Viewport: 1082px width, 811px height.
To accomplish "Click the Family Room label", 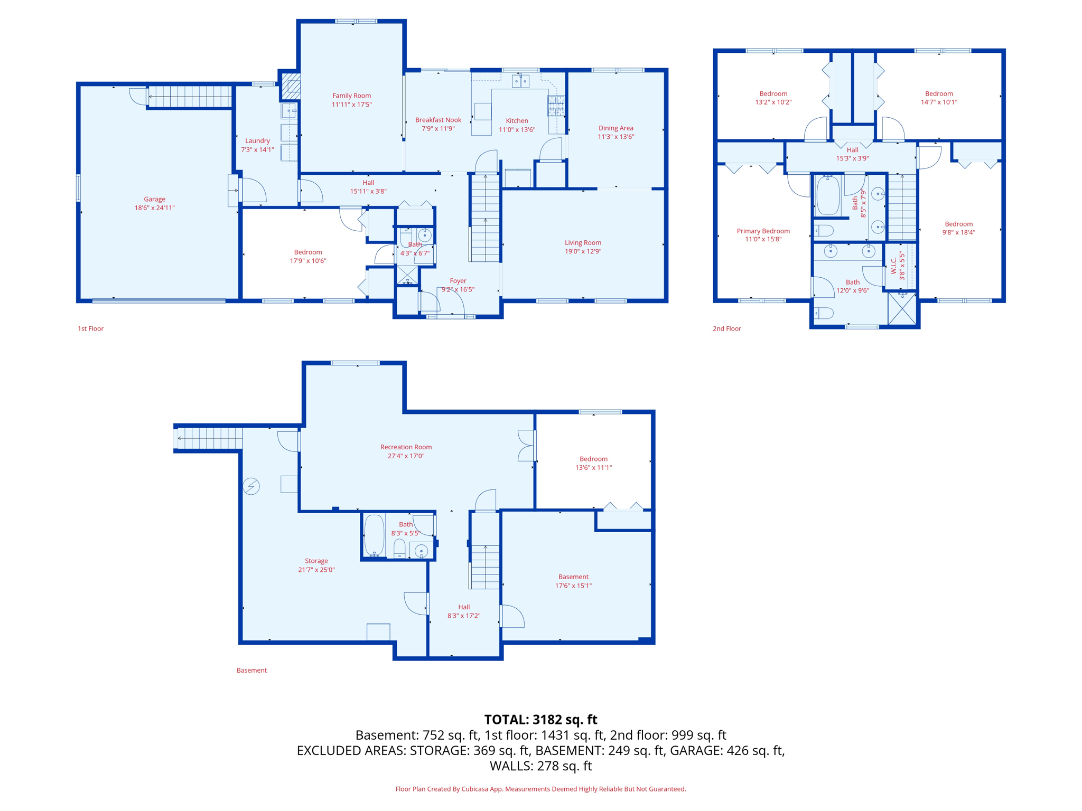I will coord(351,96).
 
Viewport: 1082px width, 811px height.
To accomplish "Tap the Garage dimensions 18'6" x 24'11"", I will coord(154,208).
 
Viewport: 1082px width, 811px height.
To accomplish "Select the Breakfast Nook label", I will coord(438,120).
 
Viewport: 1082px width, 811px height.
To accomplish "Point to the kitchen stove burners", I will coord(556,106).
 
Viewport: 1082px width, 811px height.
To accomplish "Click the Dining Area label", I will coord(615,128).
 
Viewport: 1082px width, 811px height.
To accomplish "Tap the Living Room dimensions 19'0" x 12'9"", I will coord(583,251).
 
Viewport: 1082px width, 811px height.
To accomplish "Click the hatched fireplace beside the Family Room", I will coord(291,86).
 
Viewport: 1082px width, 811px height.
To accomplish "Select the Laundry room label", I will coord(257,141).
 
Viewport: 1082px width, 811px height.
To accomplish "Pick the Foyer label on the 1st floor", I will coord(458,281).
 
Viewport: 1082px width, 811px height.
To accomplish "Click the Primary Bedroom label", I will coord(763,231).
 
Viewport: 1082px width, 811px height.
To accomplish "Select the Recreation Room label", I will coord(406,447).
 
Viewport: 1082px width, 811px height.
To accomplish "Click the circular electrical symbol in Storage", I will coord(251,486).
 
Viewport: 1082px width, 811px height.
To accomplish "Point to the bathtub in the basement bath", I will coord(374,535).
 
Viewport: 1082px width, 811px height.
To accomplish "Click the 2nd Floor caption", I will coord(726,328).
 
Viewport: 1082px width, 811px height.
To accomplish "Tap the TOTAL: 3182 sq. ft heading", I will coord(540,720).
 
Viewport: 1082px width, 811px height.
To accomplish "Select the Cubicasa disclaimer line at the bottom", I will coord(540,789).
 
